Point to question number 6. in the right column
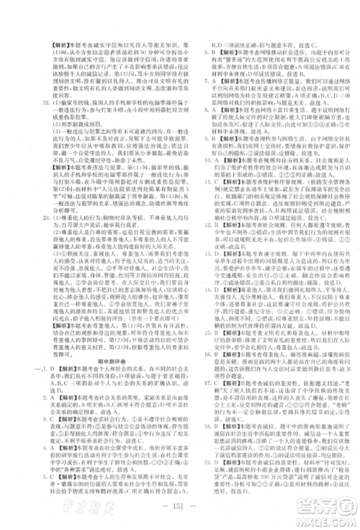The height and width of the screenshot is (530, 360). pyautogui.click(x=190, y=50)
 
